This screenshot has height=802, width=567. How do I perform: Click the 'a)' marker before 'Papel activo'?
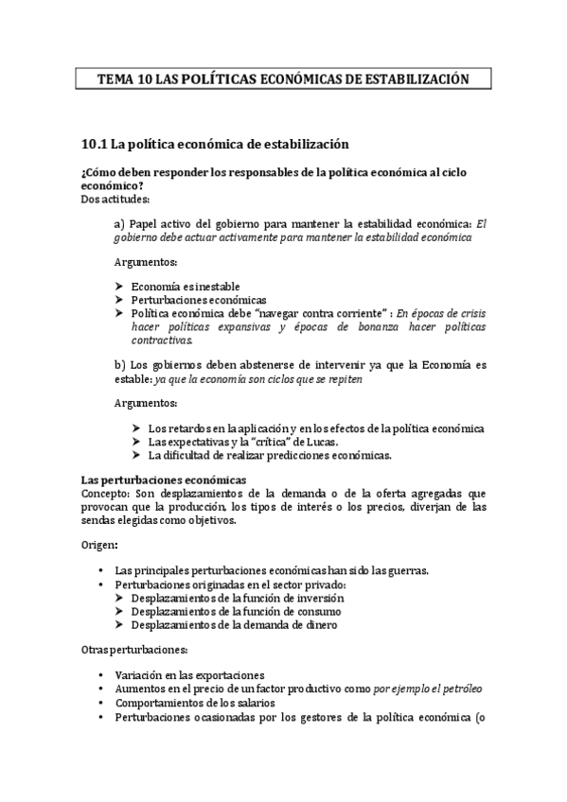119,223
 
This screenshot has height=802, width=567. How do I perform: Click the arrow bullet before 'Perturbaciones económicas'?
118,300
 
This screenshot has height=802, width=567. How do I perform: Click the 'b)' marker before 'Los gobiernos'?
119,364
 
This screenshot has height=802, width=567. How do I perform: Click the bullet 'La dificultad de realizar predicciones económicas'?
270,455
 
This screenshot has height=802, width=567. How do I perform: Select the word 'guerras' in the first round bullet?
410,570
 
